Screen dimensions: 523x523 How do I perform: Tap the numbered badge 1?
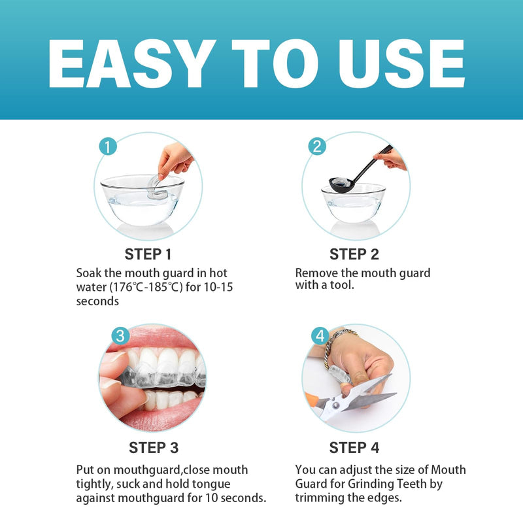coord(109,146)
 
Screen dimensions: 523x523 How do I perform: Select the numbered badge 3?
coord(119,336)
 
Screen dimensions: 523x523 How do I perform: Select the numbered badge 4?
coord(319,337)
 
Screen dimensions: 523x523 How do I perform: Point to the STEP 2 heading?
coord(354,254)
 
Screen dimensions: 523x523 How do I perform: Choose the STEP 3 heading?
coord(154,448)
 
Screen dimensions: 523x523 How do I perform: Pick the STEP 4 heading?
coord(354,448)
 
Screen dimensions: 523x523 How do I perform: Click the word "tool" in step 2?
coord(341,285)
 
